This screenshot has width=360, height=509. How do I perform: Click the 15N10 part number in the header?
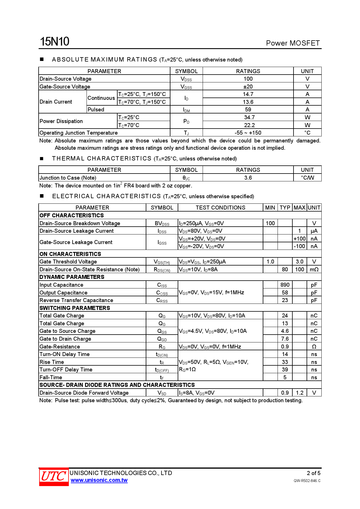coord(55,42)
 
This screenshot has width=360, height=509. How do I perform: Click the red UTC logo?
coord(54,476)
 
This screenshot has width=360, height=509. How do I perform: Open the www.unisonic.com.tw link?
coord(99,480)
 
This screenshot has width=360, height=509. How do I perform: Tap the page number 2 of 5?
coord(314,473)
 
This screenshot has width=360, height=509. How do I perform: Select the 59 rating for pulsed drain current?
coord(248,110)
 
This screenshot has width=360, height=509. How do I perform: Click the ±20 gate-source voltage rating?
coord(248,86)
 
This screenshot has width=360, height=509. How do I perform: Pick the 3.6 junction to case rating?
coord(248,178)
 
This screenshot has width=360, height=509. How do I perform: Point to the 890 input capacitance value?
coord(285,285)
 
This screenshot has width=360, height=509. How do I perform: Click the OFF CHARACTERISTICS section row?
coord(72,215)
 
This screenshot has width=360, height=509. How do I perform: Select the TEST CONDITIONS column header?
coord(220,207)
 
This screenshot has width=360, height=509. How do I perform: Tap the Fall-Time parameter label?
coord(51,377)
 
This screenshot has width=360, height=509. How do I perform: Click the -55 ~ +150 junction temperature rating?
coord(248,133)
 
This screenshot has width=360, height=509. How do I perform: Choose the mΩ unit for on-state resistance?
coord(314,270)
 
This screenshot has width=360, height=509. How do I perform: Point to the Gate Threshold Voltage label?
coord(68,262)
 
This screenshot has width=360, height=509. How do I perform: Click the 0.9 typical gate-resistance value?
coord(285,346)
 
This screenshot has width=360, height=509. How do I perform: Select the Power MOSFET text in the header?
coord(293,43)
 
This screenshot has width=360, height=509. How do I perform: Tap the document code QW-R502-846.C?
coord(307,481)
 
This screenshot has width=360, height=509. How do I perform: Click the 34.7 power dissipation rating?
coord(249,118)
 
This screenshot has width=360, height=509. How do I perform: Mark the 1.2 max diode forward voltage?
coord(299,393)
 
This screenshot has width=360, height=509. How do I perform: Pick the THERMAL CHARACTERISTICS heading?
coord(102,158)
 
